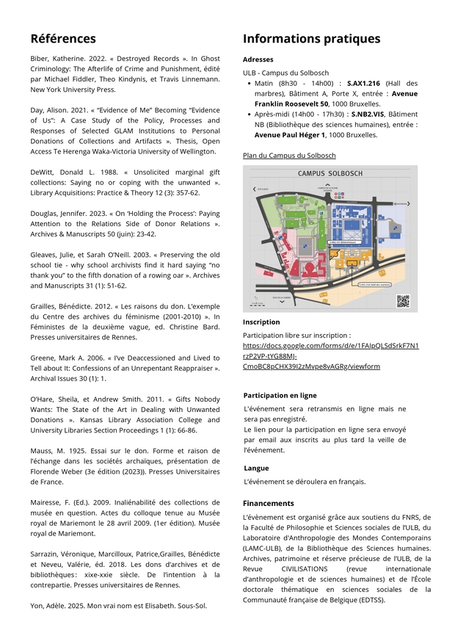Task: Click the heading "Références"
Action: click(x=63, y=39)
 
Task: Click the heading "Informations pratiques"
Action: click(x=311, y=39)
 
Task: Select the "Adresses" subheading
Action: click(x=258, y=59)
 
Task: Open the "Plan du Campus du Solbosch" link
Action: click(x=289, y=156)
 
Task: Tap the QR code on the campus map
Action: click(x=402, y=300)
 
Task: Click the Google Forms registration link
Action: click(x=330, y=355)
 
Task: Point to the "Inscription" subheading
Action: click(x=261, y=322)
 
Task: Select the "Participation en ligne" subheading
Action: click(x=280, y=395)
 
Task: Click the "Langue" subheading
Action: click(x=256, y=468)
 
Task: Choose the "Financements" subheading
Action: click(x=268, y=503)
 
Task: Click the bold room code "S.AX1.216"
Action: click(x=363, y=84)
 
